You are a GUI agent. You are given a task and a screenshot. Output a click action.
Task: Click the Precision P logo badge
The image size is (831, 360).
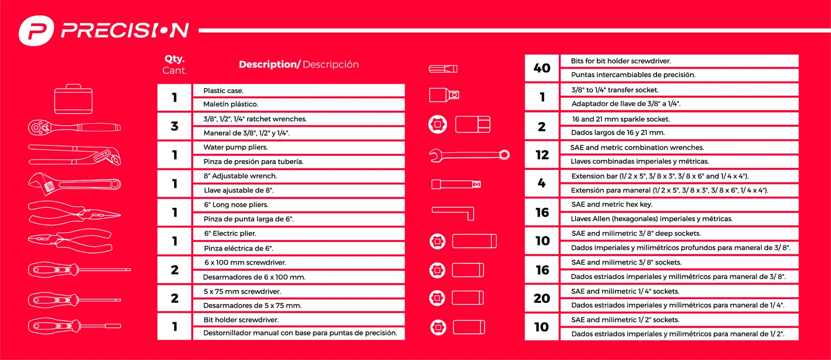coord(36,31)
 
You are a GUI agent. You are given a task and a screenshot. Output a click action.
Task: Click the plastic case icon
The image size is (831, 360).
coord(73,99)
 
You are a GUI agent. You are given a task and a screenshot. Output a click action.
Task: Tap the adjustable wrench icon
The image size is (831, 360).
coord(74,184)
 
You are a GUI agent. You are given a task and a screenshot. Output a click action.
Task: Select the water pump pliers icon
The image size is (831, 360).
coord(74,155)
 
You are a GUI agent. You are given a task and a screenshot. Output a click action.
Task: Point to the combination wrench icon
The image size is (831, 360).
coord(470,155)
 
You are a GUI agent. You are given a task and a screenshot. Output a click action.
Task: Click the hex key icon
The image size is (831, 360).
coord(453,214)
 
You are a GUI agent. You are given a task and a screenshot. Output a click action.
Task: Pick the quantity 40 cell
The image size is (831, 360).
coord(542,68)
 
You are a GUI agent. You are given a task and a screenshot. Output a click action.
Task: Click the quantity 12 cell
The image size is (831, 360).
coord(542,154)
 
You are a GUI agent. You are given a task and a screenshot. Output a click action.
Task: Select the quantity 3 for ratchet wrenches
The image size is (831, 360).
coord(175,126)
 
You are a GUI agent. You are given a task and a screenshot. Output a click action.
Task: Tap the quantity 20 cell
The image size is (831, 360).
coord(542,298)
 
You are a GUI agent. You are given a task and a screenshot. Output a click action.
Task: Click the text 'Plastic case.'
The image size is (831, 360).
coord(223,90)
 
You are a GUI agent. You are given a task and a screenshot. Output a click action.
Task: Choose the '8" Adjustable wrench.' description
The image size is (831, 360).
coord(240,176)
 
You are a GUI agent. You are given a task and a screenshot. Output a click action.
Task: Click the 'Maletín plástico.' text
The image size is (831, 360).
coord(231,104)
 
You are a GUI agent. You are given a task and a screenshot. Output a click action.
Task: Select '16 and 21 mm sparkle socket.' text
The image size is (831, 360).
coord(621,119)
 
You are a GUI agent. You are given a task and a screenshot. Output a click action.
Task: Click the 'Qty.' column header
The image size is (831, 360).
coord(175,59)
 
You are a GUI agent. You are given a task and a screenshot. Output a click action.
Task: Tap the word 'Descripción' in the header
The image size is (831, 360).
coord(331,64)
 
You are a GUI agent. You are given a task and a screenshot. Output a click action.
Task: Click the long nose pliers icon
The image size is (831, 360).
coord(74,213)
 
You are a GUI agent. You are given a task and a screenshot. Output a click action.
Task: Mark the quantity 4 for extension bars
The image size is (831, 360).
coord(542,183)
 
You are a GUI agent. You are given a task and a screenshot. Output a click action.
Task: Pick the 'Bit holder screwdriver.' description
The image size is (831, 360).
coord(241,320)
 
